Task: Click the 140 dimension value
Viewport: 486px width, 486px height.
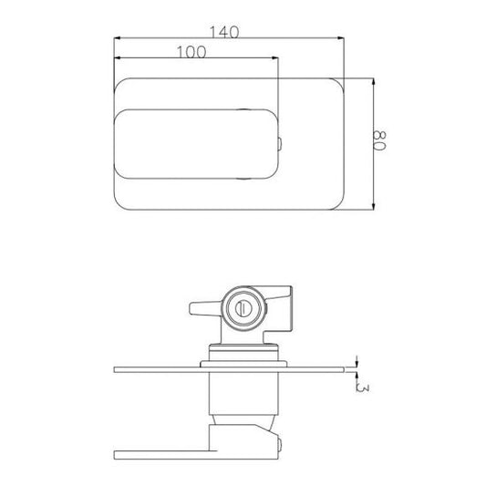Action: (x=224, y=31)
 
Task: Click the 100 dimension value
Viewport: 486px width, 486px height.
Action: (x=191, y=52)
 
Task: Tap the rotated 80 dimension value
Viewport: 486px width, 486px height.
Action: (x=379, y=140)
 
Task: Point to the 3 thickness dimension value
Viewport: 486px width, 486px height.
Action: (x=363, y=388)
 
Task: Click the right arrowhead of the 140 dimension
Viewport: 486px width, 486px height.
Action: (x=340, y=38)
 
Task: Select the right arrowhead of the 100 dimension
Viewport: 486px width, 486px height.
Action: (x=274, y=57)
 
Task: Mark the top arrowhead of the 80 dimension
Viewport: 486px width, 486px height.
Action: (x=373, y=82)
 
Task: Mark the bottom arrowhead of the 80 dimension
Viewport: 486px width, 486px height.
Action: (x=373, y=206)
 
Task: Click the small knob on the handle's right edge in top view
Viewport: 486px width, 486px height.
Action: (x=279, y=144)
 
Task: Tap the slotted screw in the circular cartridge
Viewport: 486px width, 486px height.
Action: (x=244, y=308)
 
